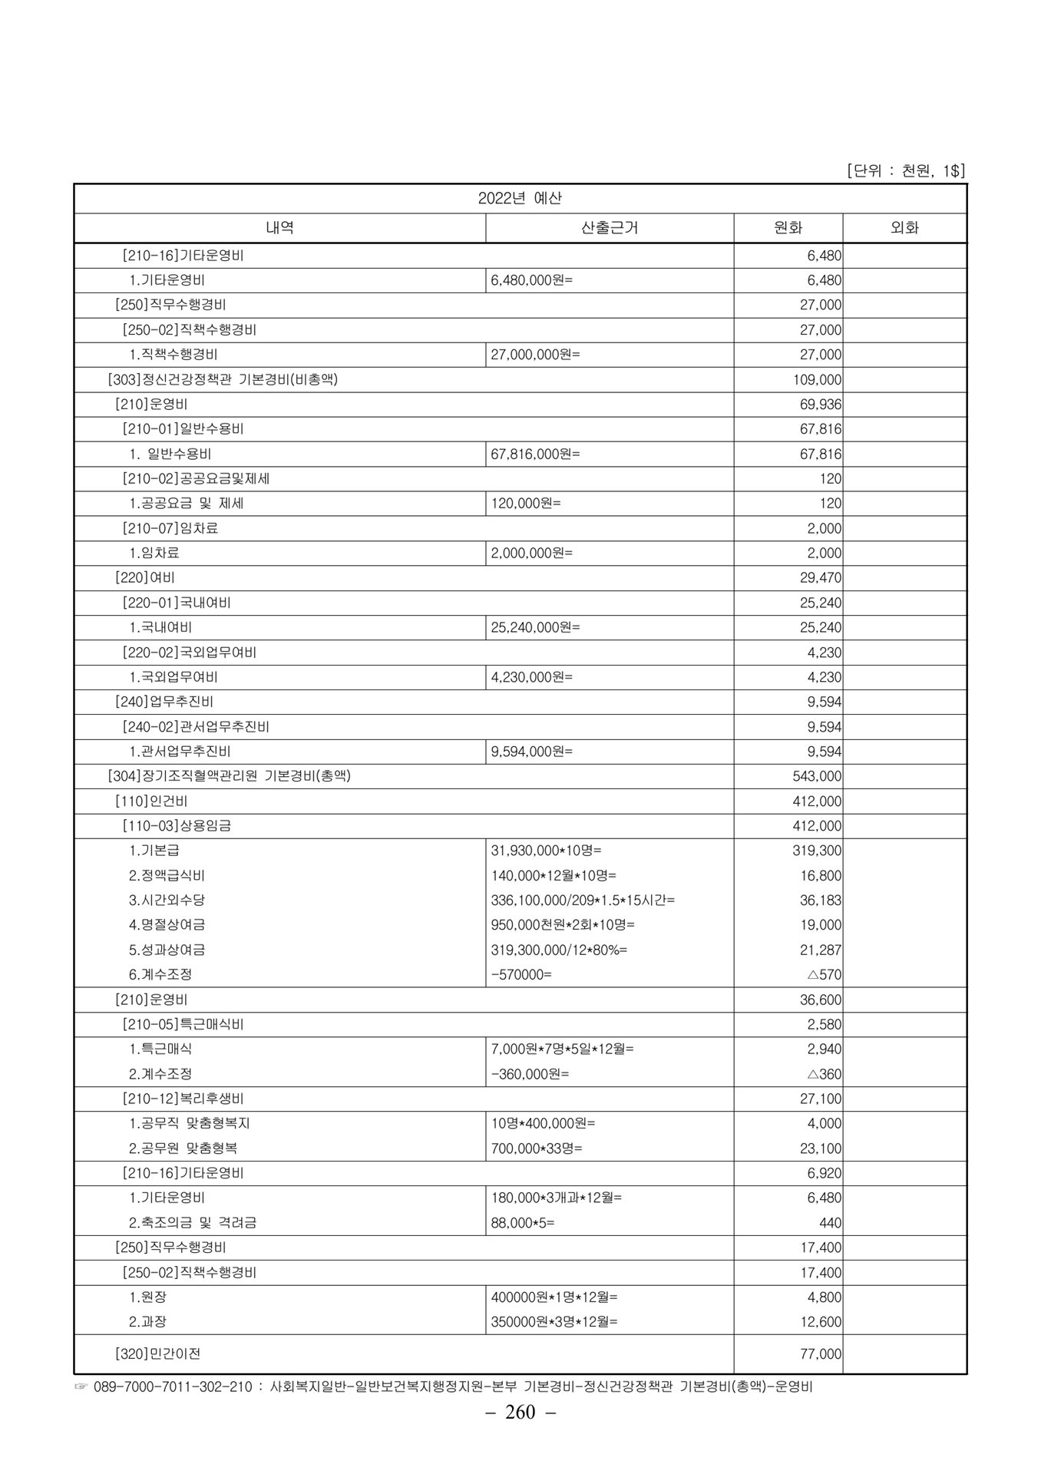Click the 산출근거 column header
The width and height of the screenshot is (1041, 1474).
pos(610,228)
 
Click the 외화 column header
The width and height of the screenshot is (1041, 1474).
pos(904,228)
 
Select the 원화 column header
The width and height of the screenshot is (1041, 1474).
pos(788,228)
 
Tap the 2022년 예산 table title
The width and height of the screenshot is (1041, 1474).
pos(520,198)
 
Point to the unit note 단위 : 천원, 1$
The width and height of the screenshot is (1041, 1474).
pos(905,170)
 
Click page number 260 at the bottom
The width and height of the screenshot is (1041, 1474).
pos(520,1433)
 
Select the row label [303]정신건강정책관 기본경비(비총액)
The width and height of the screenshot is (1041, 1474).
pos(223,379)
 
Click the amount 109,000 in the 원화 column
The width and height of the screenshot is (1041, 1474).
pos(817,380)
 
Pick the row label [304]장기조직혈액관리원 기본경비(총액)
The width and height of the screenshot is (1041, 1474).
pos(229,776)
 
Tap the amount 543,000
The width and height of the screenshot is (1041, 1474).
pos(817,777)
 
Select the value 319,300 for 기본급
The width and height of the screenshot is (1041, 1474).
pos(817,851)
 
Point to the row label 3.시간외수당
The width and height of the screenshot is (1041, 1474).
pos(167,901)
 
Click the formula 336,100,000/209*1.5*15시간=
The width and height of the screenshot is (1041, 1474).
pos(583,901)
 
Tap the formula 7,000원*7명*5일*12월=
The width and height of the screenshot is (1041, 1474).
pos(563,1049)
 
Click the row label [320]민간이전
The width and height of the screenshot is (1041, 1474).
pos(157,1354)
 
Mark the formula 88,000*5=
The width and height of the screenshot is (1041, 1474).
pos(523,1223)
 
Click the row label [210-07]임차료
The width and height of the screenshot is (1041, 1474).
pos(170,528)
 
